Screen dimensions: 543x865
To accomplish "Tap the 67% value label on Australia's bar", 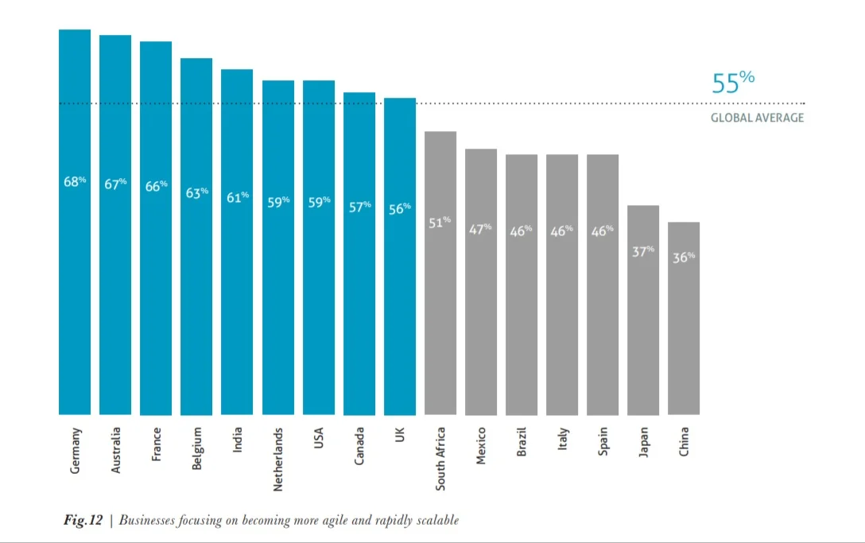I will pyautogui.click(x=116, y=184).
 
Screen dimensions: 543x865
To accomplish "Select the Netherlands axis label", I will pyautogui.click(x=278, y=460).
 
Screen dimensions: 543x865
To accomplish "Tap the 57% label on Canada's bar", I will pyautogui.click(x=360, y=206).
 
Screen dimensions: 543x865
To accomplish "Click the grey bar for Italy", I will pyautogui.click(x=562, y=318).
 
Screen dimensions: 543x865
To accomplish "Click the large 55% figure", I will pyautogui.click(x=732, y=83).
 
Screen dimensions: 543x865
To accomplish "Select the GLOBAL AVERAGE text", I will pyautogui.click(x=757, y=118).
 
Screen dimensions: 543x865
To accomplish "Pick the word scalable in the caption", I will pyautogui.click(x=436, y=521).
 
